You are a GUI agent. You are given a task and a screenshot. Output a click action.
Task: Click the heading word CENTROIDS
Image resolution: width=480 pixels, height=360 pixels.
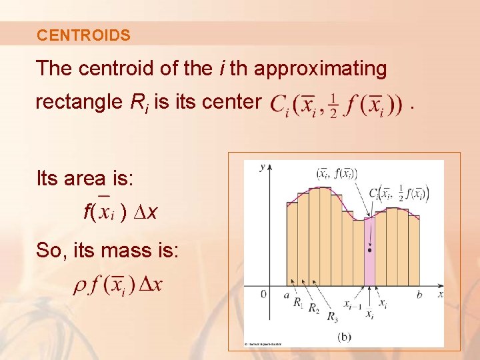click(x=84, y=35)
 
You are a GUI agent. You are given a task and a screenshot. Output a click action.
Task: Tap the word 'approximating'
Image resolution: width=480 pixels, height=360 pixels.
click(x=321, y=68)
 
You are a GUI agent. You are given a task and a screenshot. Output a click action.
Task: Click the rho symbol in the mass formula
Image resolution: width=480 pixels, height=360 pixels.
click(x=79, y=285)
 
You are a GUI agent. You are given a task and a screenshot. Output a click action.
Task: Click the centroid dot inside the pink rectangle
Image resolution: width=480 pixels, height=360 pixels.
click(x=370, y=250)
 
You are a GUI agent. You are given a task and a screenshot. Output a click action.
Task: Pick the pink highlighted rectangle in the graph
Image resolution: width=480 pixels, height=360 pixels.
click(x=370, y=267)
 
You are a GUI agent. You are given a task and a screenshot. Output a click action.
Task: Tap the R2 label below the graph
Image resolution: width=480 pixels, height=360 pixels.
click(x=314, y=310)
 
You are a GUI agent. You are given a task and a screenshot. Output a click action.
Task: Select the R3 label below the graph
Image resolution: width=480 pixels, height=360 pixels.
click(x=331, y=317)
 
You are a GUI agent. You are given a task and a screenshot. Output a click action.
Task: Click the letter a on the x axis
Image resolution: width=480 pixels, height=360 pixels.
click(x=286, y=294)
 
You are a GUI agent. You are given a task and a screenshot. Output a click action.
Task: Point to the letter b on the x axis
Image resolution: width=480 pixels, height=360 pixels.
click(x=420, y=294)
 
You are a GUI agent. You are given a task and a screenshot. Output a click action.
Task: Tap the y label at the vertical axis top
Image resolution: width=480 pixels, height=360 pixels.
click(x=263, y=166)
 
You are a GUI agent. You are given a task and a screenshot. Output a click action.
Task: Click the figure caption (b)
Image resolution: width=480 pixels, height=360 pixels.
click(x=345, y=337)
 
